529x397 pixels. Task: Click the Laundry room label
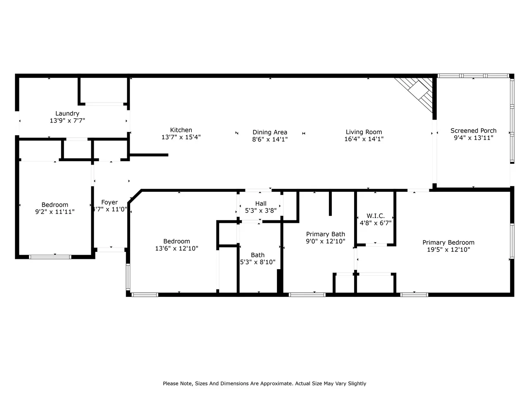(67, 114)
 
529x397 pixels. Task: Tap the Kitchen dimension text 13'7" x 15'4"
(181, 137)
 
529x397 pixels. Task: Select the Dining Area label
(270, 132)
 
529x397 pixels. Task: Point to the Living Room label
(364, 132)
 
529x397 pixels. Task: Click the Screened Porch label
(473, 131)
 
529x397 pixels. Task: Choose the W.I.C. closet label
(376, 216)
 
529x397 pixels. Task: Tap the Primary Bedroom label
(448, 242)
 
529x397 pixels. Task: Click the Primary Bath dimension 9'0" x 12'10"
(325, 241)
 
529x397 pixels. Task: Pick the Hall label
(261, 204)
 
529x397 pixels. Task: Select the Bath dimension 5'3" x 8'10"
(257, 262)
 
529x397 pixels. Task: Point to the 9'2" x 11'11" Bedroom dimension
(55, 212)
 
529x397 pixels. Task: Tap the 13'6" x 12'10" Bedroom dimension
(176, 248)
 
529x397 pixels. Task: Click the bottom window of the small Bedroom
(50, 257)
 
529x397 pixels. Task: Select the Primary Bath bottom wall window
(307, 294)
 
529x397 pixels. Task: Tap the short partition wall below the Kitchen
(149, 155)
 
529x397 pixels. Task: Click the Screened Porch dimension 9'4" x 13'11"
(473, 138)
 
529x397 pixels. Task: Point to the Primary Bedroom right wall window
(512, 241)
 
